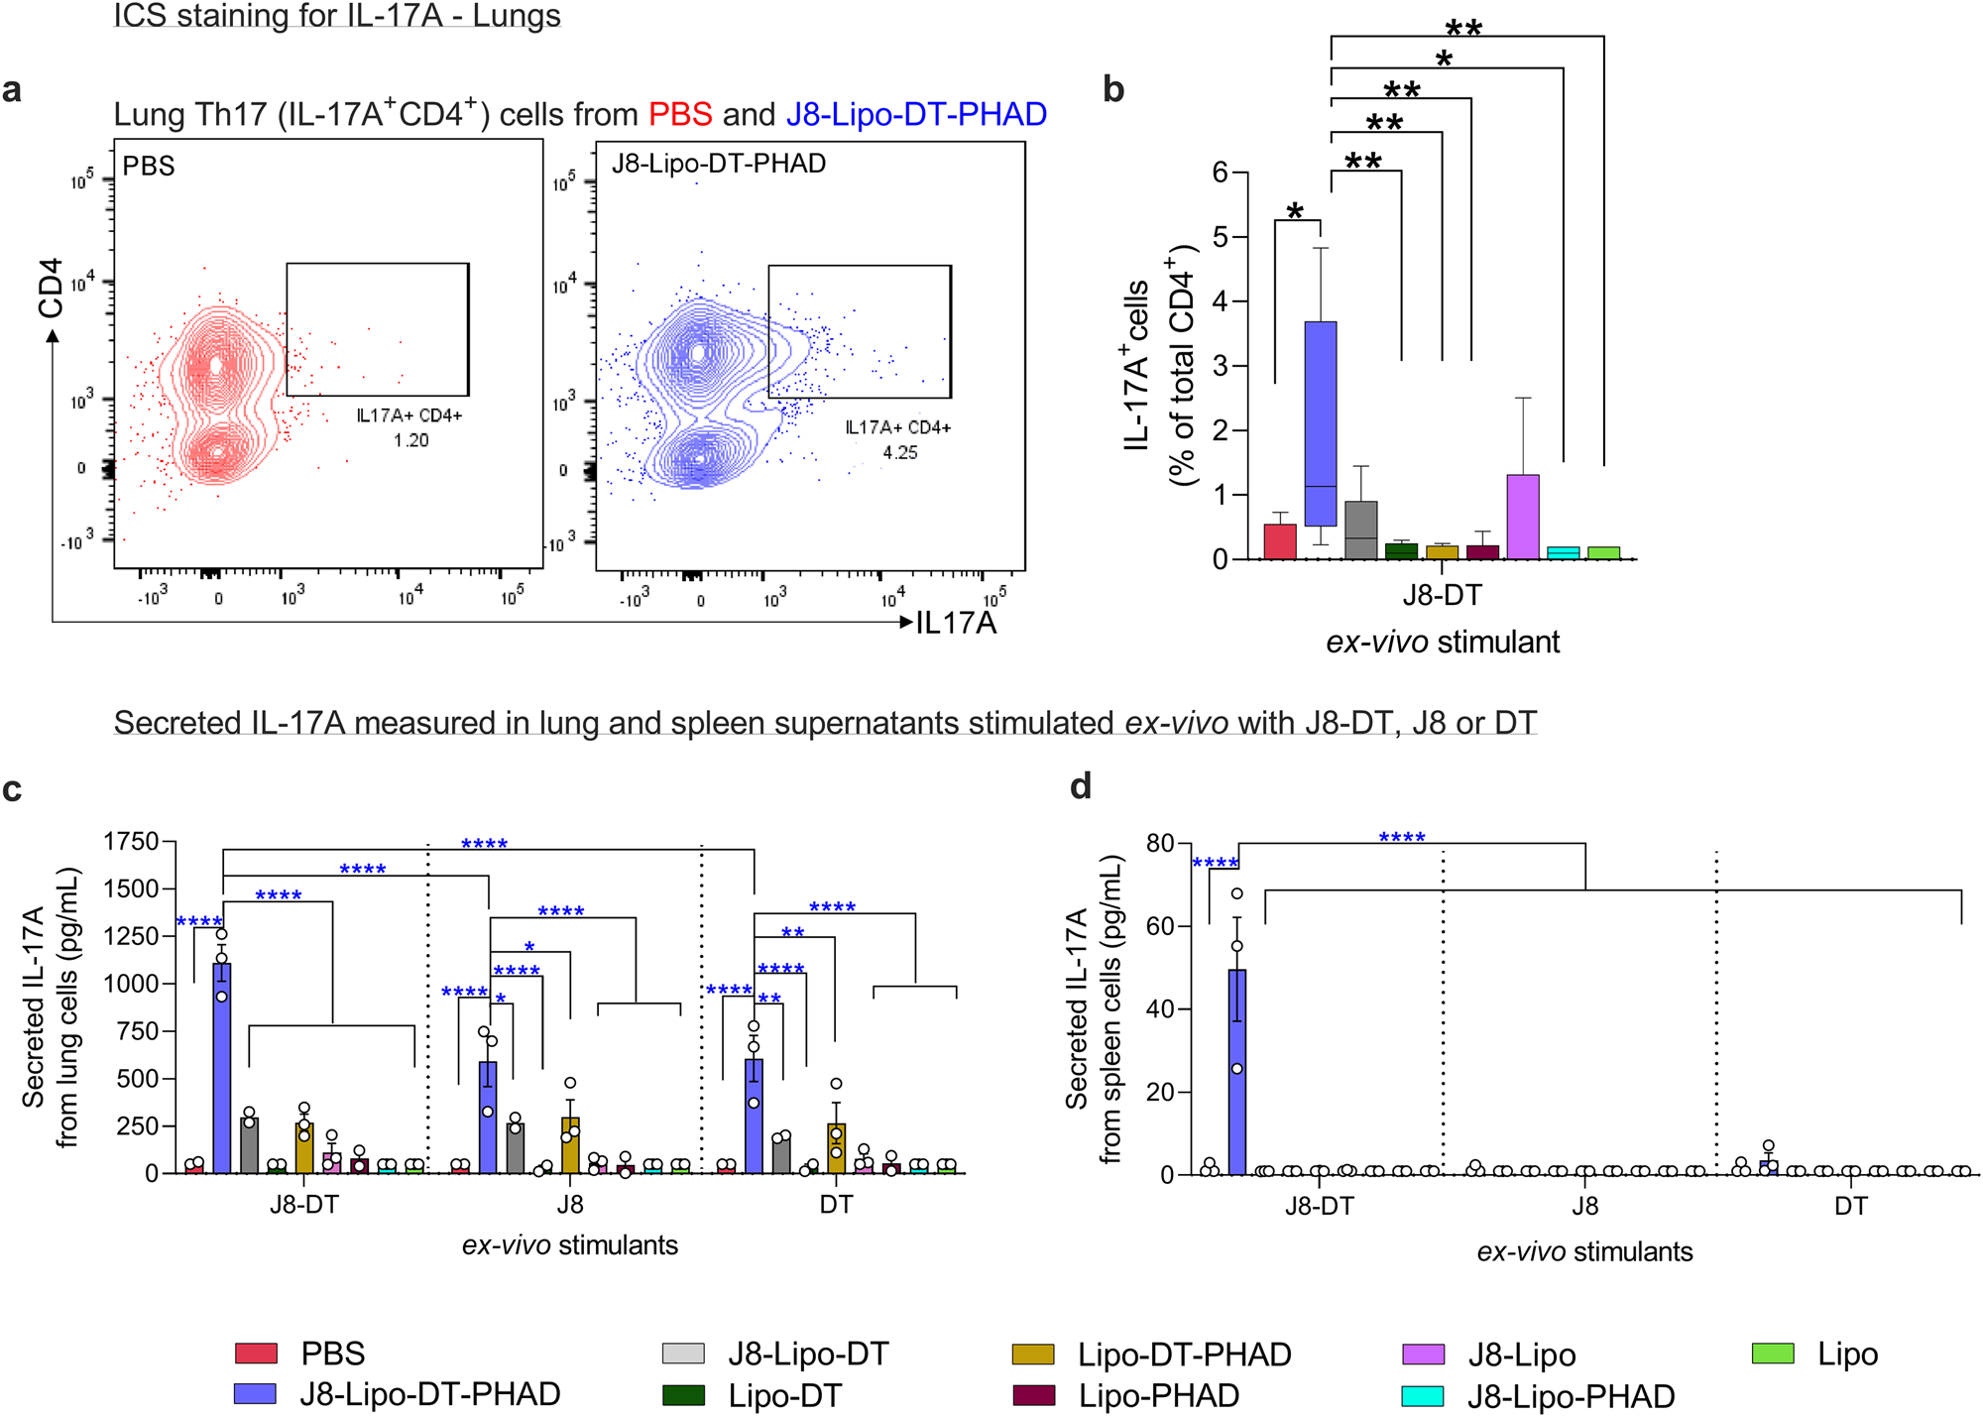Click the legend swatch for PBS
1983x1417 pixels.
coord(255,1353)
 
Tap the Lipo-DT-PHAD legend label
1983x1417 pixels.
coord(1184,1354)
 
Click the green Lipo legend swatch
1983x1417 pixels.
coord(1773,1353)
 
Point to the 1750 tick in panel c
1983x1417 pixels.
coord(132,842)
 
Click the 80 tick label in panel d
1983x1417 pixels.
coord(1159,844)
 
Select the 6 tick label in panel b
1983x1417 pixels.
coord(1220,173)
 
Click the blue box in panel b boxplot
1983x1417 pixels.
coord(1321,423)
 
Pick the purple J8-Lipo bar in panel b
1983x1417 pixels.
coord(1523,517)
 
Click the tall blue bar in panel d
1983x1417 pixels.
coord(1236,1071)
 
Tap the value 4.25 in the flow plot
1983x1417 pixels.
coord(899,452)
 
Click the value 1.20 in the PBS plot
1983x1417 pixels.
coord(410,440)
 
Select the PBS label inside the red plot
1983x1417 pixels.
coord(149,167)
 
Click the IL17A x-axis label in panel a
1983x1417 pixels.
coord(956,623)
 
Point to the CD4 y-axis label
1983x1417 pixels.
coord(51,289)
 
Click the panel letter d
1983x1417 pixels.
coord(1081,786)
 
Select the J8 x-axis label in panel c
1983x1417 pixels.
coord(569,1205)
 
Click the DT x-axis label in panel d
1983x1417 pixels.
coord(1850,1206)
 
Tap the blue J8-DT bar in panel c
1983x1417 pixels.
coord(222,1067)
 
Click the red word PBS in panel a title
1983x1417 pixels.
coord(680,114)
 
